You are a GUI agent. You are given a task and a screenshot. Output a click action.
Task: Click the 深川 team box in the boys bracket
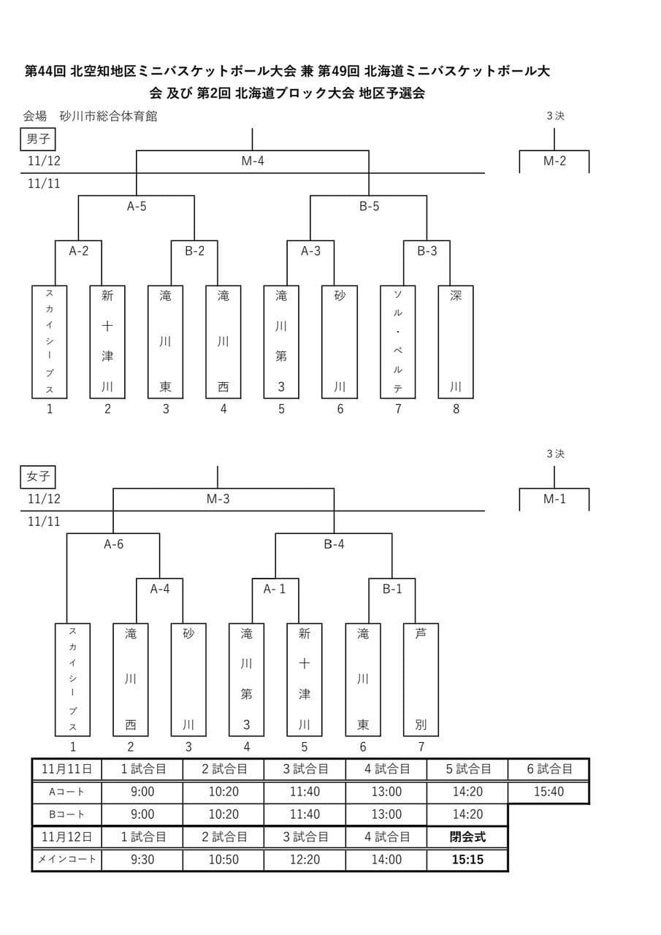[x=456, y=342]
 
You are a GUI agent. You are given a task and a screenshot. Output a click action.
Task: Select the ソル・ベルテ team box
[x=398, y=342]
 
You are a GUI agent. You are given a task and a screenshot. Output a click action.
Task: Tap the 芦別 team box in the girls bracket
[x=421, y=679]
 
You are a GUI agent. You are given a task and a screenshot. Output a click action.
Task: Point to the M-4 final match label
[x=253, y=161]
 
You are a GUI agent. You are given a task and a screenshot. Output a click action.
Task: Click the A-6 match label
[x=113, y=544]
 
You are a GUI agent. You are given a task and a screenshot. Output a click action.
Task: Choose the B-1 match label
[x=392, y=589]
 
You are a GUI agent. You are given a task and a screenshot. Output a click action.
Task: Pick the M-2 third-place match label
[x=554, y=161]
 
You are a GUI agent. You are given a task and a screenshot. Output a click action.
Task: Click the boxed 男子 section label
[x=38, y=139]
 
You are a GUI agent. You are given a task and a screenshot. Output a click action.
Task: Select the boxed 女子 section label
[x=38, y=477]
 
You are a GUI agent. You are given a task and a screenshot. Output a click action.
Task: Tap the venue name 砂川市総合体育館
[x=109, y=115]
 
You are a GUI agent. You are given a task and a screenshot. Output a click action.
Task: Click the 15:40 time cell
[x=549, y=792]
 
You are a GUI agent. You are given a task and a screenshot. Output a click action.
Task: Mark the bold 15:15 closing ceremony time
[x=467, y=860]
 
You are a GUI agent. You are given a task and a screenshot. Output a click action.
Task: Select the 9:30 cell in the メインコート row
[x=142, y=860]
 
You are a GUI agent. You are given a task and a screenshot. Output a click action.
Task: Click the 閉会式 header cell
[x=467, y=837]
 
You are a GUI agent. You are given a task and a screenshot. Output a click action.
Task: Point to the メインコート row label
[x=67, y=860]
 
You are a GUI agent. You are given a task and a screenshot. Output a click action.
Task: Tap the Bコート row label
[x=67, y=814]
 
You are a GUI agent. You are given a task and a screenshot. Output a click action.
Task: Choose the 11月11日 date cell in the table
[x=67, y=769]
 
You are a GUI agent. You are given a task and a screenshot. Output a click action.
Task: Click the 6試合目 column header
[x=549, y=769]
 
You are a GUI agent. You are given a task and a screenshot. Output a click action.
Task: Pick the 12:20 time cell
[x=305, y=860]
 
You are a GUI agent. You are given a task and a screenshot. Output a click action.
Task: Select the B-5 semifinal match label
[x=369, y=207]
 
